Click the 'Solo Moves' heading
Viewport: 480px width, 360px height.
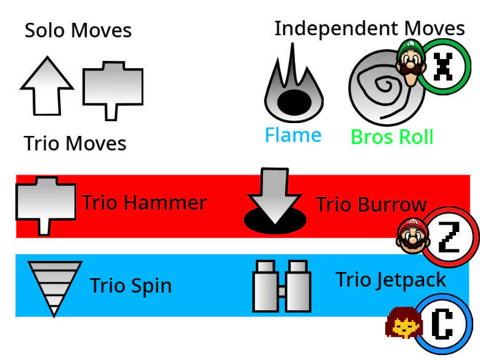pos(78,30)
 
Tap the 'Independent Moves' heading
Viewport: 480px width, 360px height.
pos(369,28)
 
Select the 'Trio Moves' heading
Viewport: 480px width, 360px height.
pos(75,143)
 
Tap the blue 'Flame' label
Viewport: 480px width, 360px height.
pos(293,135)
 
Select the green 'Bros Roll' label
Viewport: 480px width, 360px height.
pos(392,137)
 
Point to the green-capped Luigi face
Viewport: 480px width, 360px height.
pos(409,58)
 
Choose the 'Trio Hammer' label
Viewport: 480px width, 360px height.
pos(144,202)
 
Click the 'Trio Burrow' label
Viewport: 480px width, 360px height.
pos(370,204)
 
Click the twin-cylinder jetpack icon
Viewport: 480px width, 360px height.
pos(281,286)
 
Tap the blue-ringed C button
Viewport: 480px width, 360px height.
pos(444,323)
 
